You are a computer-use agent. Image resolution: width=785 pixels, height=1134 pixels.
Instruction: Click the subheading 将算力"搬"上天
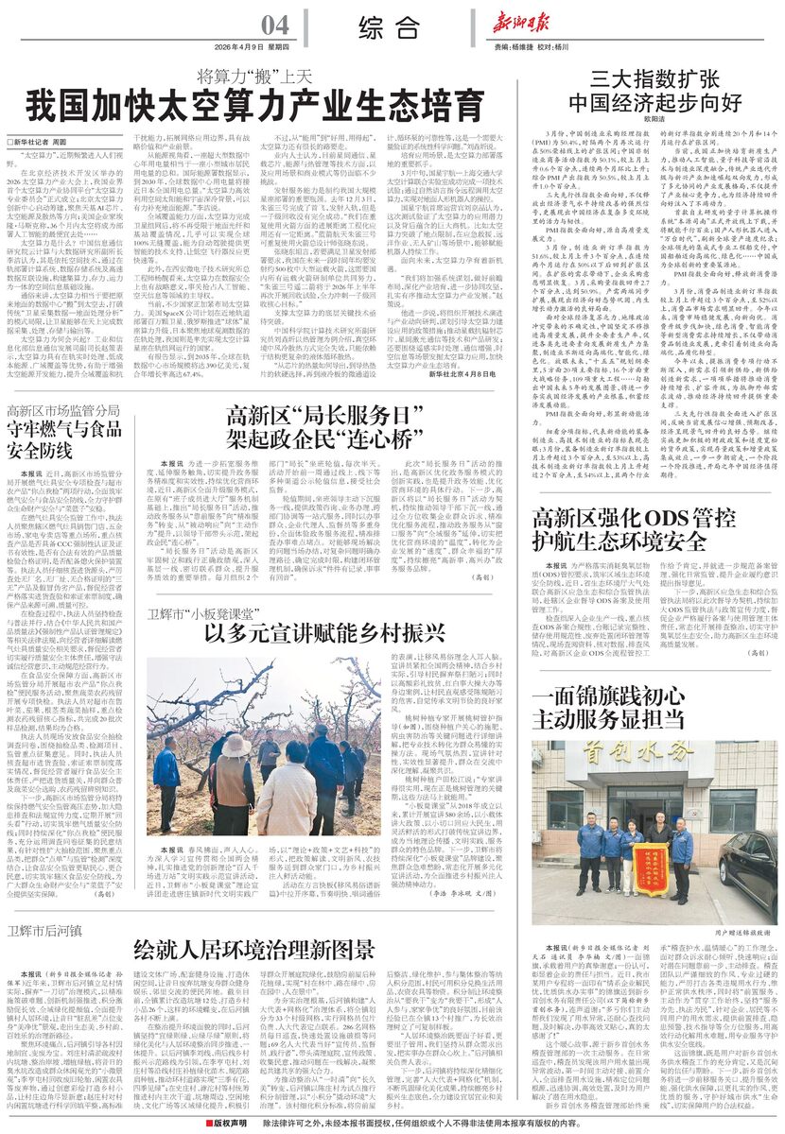[253, 76]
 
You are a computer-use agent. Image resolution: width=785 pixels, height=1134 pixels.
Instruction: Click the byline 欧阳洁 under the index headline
[654, 119]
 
